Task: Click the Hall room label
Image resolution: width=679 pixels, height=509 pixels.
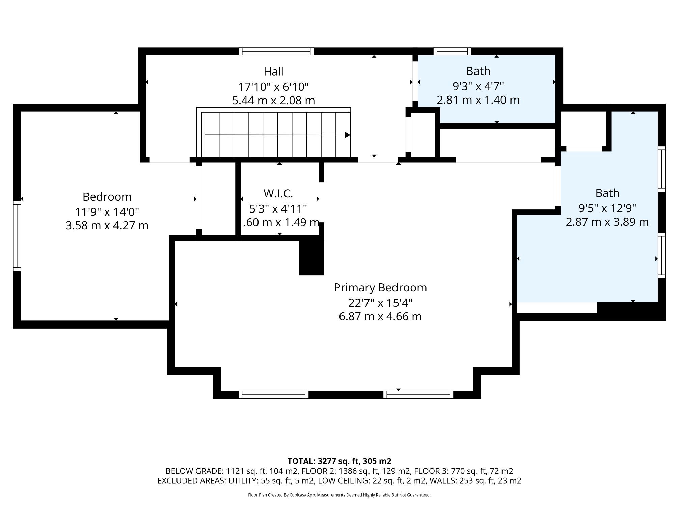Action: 273,72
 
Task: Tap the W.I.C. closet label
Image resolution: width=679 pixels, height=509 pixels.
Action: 278,194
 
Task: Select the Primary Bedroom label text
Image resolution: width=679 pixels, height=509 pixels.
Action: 380,288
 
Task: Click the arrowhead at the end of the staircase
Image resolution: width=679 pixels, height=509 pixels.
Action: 347,135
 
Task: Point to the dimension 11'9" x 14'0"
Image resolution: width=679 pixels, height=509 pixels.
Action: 107,212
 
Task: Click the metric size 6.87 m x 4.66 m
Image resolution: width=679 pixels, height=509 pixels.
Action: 380,317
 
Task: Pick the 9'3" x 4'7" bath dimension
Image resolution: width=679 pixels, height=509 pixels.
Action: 478,86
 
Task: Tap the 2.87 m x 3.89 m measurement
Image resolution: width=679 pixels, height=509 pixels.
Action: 607,222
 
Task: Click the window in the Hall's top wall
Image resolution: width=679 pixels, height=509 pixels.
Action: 276,51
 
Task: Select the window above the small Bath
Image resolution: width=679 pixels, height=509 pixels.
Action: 452,51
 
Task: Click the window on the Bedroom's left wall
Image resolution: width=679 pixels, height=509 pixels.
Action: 17,236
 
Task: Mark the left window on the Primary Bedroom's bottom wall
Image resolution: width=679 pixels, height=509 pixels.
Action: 273,395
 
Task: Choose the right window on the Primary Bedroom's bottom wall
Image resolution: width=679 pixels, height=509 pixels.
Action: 418,395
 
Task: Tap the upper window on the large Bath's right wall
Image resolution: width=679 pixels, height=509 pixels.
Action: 662,169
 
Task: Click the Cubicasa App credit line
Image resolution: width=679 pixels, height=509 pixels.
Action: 339,495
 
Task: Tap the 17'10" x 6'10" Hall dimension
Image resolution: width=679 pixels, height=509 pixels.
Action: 273,87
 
